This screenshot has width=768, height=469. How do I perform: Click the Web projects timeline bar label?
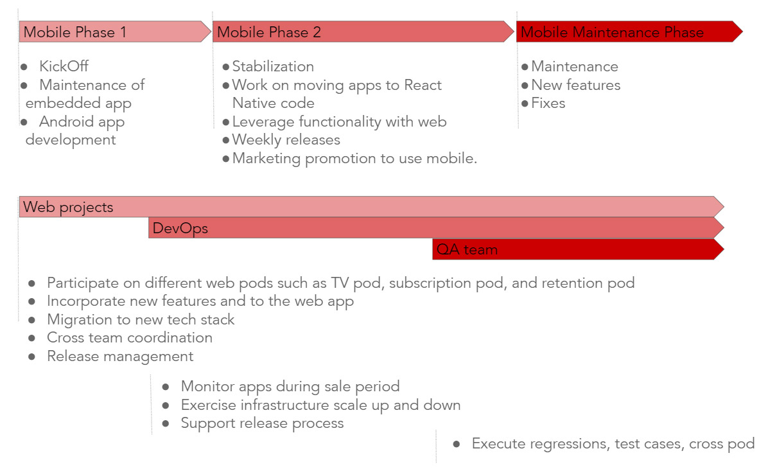[x=68, y=208]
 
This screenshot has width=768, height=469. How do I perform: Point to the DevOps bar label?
[x=180, y=229]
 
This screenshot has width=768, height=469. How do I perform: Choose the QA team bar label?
[x=467, y=250]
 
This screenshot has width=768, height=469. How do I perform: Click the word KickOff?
[x=64, y=66]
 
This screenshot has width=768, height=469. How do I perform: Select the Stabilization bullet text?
[x=273, y=66]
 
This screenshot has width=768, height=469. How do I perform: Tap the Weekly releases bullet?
[x=286, y=139]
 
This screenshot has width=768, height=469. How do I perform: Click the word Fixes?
[x=548, y=103]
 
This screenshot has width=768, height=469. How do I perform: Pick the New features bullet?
[x=575, y=85]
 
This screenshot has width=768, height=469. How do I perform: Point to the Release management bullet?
[x=120, y=356]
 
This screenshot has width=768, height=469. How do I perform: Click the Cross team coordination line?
[x=129, y=337]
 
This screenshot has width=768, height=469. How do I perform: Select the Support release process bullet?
[x=262, y=423]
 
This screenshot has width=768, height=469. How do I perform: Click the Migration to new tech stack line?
[x=141, y=319]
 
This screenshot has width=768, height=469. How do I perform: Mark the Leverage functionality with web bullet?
[x=339, y=121]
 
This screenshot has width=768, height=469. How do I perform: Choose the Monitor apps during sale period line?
[x=290, y=386]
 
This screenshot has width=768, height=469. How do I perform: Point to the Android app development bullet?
[x=75, y=130]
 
